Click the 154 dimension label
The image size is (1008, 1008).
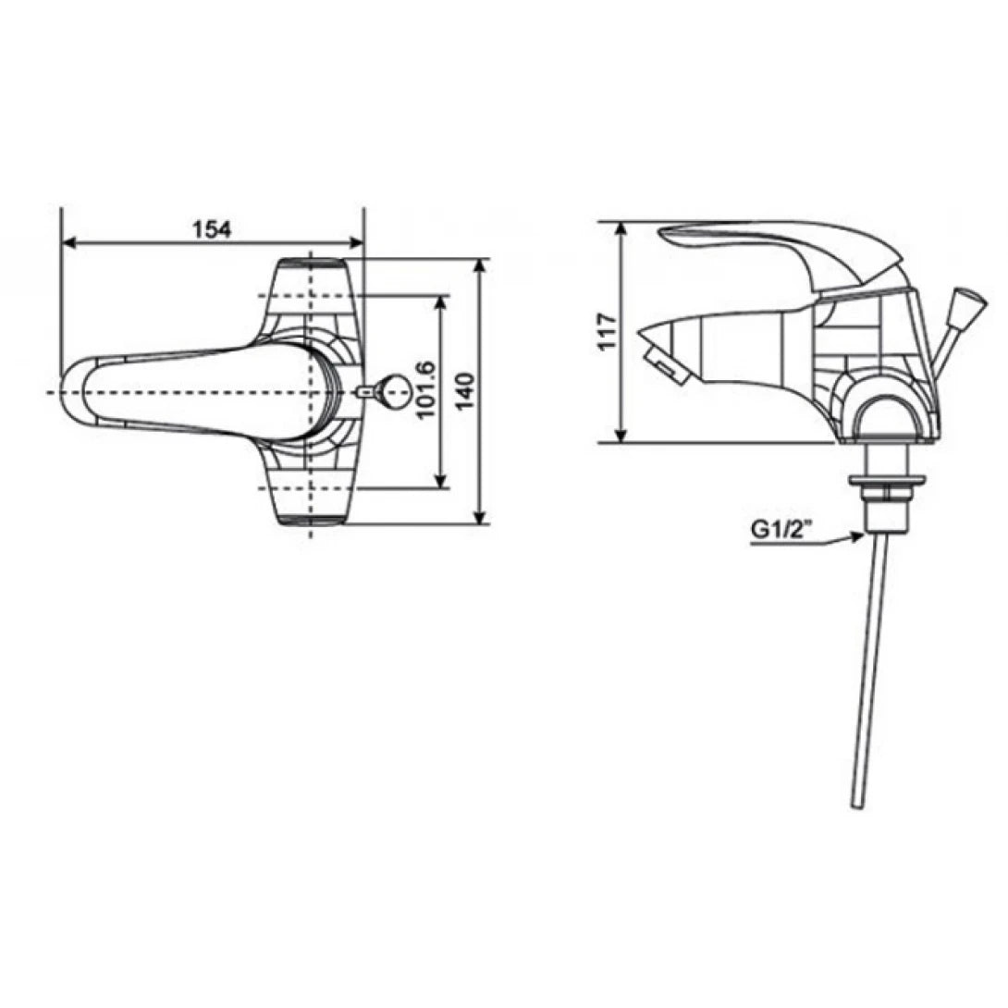212,229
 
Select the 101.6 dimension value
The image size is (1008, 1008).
426,390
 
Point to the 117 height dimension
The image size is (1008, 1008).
607,332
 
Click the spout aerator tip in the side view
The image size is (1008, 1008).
665,363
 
